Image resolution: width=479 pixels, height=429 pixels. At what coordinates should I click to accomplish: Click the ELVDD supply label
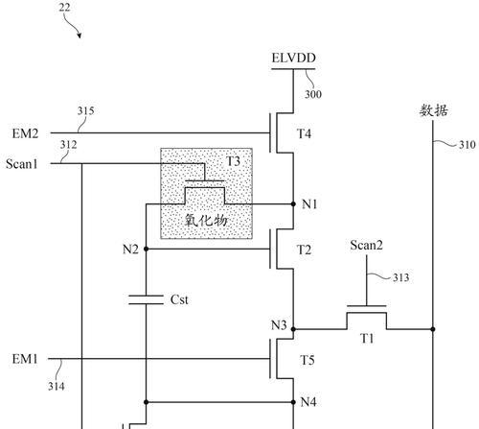point(293,58)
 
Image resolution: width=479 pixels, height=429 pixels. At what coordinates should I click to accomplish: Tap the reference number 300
point(313,94)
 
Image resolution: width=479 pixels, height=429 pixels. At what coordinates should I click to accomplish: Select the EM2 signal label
point(25,133)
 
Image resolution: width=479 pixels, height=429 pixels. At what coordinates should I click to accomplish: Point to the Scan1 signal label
point(22,164)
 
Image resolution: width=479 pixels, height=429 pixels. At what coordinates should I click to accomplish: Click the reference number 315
point(85,111)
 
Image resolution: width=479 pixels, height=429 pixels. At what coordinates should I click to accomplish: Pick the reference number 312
point(68,145)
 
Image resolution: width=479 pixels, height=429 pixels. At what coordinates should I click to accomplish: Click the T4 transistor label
point(304,133)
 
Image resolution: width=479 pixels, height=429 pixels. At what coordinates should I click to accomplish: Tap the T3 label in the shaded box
point(233,161)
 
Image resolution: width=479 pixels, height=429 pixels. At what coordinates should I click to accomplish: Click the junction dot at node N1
point(293,203)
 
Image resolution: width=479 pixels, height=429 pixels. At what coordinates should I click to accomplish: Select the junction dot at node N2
point(146,249)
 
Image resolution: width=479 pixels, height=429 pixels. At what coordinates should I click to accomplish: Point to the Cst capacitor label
point(179,299)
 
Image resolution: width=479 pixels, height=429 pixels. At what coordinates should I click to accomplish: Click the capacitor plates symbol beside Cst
point(146,299)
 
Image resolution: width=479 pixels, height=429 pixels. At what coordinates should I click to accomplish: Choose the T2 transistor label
point(304,250)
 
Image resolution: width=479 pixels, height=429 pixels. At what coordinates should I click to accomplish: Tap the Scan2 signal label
point(366,246)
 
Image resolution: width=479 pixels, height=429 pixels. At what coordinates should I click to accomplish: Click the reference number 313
point(400,277)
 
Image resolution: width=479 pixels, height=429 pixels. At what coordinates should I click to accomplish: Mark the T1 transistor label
point(367,338)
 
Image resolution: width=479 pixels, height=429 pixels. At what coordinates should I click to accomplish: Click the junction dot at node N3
point(293,329)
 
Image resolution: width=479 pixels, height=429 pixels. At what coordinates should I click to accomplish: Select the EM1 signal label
point(25,359)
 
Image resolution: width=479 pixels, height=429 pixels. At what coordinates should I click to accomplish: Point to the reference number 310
point(468,145)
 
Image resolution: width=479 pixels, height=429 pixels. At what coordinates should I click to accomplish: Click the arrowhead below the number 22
point(80,36)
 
